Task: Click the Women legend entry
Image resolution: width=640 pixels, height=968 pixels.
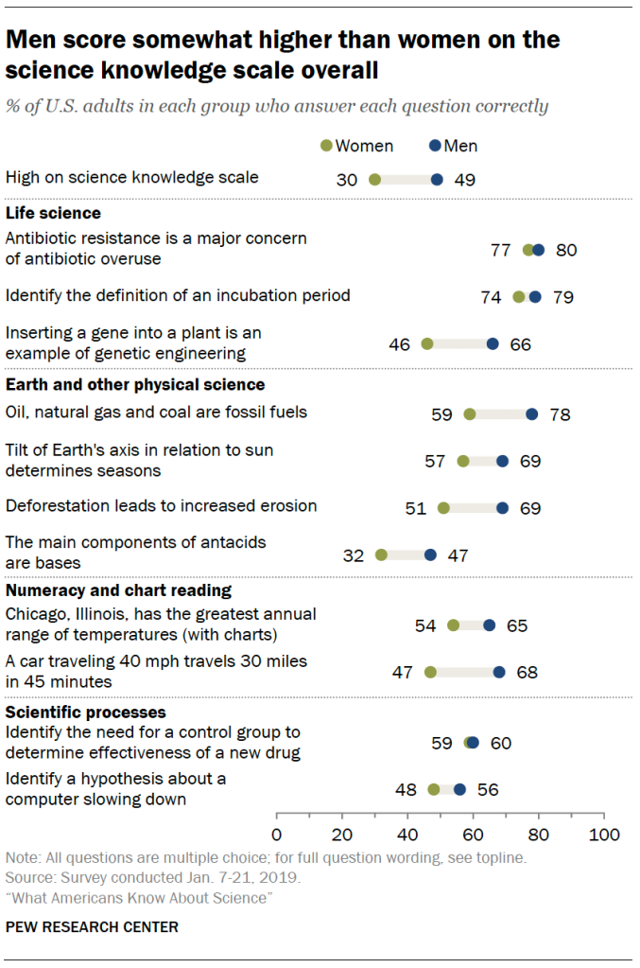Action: pos(357,146)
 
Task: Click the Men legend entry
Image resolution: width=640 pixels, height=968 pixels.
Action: pos(454,146)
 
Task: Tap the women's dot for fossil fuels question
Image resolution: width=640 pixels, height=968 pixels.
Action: pos(470,414)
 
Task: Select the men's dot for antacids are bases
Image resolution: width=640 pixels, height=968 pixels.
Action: pos(431,555)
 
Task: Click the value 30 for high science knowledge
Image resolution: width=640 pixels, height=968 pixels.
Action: pos(347,179)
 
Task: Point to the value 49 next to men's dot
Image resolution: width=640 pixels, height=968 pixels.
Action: pos(464,179)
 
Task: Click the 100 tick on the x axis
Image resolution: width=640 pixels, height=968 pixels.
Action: pos(603,835)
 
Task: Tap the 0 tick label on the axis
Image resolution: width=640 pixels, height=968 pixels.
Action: pos(276,835)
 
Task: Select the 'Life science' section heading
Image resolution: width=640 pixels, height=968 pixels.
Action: pos(53,213)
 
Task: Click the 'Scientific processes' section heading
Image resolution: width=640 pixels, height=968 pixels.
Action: pos(86,712)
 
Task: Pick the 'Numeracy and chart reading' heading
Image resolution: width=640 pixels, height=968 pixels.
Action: pos(118,590)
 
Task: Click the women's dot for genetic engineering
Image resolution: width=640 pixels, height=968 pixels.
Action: pos(427,344)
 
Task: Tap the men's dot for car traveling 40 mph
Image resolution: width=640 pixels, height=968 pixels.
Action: pos(499,672)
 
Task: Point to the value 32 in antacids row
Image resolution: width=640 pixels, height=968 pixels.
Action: pos(354,555)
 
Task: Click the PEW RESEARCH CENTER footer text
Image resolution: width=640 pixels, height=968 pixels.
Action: pos(92,927)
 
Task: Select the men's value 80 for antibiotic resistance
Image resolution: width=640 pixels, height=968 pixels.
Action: pos(566,251)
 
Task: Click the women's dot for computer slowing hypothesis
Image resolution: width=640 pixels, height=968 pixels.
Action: pos(434,789)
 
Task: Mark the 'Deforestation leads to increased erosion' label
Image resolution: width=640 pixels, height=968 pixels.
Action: pos(161,506)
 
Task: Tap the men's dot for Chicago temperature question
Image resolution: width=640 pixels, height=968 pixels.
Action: pos(489,625)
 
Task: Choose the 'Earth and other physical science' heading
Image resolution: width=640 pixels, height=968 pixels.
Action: pos(135,385)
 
